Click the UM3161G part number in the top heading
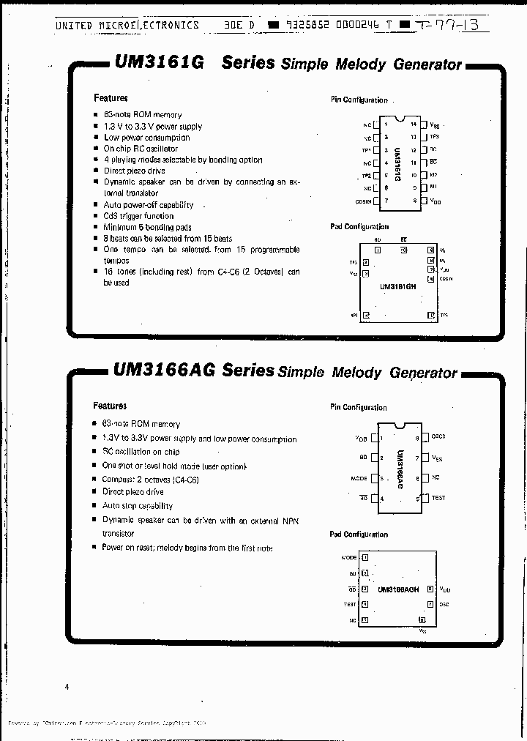(159, 63)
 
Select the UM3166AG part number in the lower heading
(164, 370)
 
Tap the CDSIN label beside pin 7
(362, 201)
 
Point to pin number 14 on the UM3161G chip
(414, 124)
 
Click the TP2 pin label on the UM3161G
(367, 176)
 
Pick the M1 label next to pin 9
(434, 188)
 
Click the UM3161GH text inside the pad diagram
(397, 287)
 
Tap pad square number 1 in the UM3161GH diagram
(377, 250)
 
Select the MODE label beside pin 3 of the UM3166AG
(359, 479)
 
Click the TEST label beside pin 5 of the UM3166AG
(438, 498)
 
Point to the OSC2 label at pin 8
(438, 437)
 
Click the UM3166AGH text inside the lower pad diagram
(399, 589)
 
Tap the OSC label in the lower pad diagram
(444, 605)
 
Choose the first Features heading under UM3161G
(111, 97)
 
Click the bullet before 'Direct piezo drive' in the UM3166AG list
(95, 493)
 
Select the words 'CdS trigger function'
(139, 216)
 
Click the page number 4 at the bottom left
(67, 687)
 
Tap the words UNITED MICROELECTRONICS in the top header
(127, 25)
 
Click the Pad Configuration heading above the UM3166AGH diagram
(359, 535)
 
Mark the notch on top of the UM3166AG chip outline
(399, 425)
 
